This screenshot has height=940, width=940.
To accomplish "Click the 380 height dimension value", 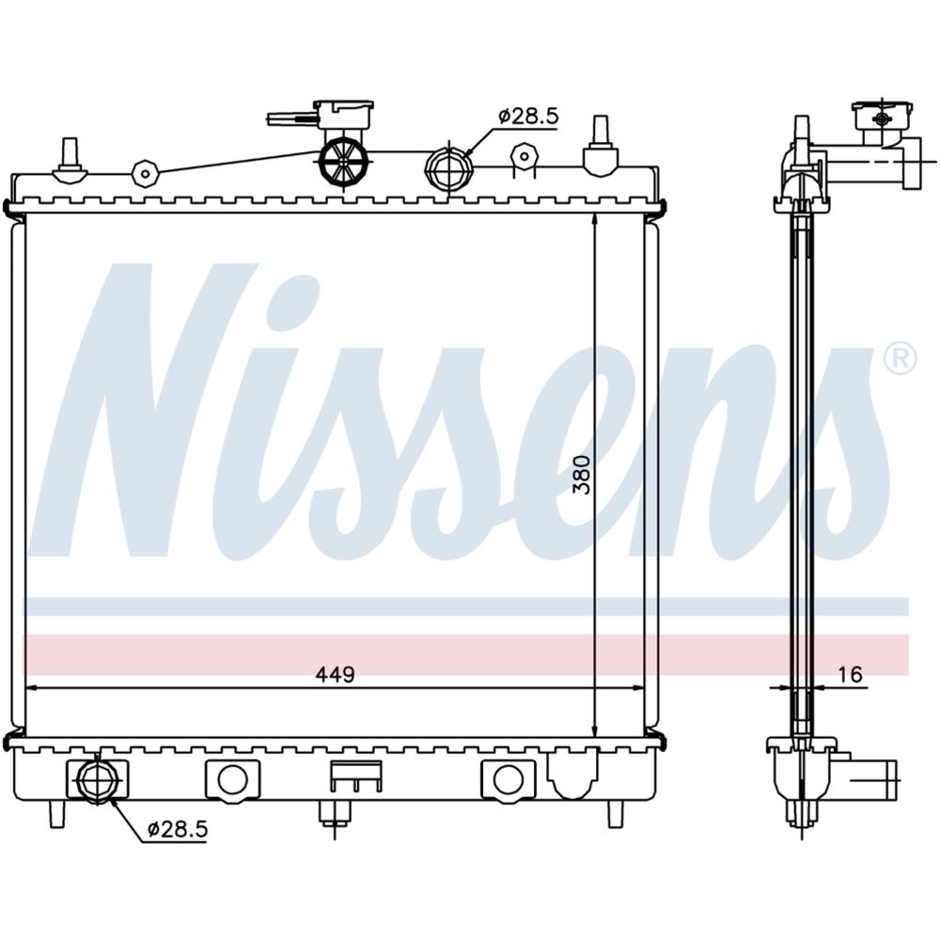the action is pos(582,475).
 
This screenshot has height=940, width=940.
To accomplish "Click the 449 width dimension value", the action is pos(336,674).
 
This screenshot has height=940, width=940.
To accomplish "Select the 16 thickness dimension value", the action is pos(850,674).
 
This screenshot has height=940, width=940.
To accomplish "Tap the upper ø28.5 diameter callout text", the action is pos(527,116).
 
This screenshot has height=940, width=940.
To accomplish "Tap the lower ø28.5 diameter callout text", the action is pos(178,829).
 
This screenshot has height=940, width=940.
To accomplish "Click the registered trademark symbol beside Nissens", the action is pos(900,358).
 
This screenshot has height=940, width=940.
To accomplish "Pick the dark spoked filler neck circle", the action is pos(343,161).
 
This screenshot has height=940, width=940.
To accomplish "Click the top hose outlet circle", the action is pos(448,168).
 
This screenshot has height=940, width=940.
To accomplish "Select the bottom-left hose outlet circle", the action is pos(96,779).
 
